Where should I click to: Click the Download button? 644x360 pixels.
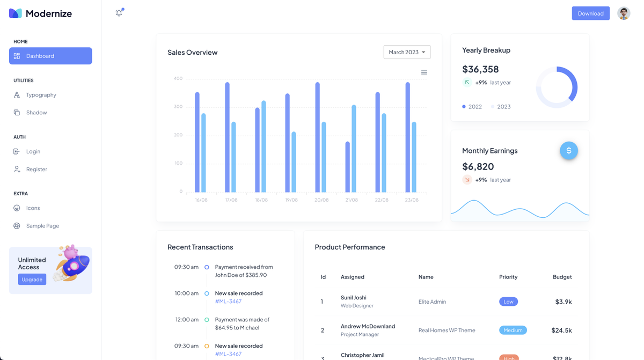[590, 13]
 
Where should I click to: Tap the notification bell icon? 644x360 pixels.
[119, 13]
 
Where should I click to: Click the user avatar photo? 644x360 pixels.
[623, 13]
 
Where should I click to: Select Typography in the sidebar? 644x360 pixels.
[41, 95]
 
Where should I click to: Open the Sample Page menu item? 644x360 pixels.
[42, 226]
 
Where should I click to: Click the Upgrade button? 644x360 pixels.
[32, 280]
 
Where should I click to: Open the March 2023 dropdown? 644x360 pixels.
[407, 52]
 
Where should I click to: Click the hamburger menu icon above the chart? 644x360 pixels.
[424, 72]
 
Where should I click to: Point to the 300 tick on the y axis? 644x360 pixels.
[178, 107]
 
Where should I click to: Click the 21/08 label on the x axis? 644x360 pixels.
[352, 200]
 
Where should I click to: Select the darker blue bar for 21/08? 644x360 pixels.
[348, 167]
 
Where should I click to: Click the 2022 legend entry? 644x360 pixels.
[472, 107]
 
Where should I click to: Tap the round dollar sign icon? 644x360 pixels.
[569, 151]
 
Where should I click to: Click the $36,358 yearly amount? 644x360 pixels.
[480, 69]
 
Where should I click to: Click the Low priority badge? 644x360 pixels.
[508, 302]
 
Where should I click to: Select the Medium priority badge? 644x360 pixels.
[513, 330]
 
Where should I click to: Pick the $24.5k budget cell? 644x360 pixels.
[561, 330]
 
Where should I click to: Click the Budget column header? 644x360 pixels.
[562, 277]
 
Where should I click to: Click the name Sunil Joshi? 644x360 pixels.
[353, 298]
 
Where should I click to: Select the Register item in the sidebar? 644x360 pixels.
[36, 170]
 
